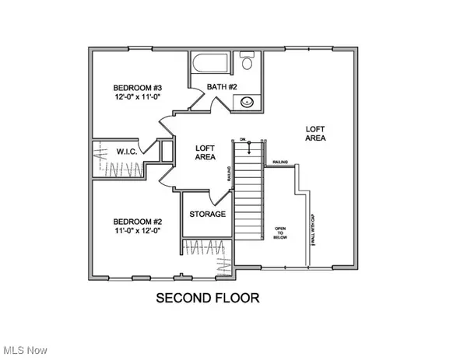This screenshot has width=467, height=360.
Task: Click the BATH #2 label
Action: pyautogui.click(x=222, y=87)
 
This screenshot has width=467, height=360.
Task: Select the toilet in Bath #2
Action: pyautogui.click(x=245, y=61)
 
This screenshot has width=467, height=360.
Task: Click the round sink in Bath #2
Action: pyautogui.click(x=247, y=100)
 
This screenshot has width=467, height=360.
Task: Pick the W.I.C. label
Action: pyautogui.click(x=127, y=152)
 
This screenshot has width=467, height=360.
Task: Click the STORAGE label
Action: pyautogui.click(x=208, y=214)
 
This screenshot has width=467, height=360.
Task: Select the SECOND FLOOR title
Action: pyautogui.click(x=207, y=298)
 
